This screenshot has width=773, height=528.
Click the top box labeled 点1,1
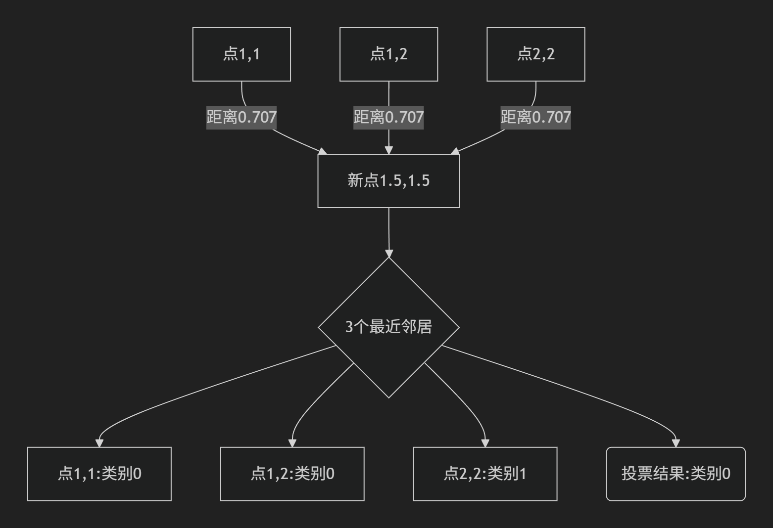[x=242, y=54]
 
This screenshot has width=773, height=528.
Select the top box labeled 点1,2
[x=388, y=54]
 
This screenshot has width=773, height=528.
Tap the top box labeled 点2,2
[x=536, y=54]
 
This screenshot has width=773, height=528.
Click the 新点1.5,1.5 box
[x=388, y=181]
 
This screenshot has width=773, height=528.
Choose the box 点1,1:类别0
[x=99, y=474]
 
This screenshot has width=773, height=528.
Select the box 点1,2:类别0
[x=292, y=474]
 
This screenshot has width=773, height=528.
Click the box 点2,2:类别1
[x=485, y=474]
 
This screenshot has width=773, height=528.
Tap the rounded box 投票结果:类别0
[x=676, y=474]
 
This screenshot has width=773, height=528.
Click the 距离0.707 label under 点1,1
[x=242, y=118]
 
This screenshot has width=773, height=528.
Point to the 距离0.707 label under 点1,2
[x=388, y=118]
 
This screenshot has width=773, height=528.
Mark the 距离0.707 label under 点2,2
[x=536, y=118]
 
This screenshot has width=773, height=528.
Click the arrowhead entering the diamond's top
[x=389, y=254]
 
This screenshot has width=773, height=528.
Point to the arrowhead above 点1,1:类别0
[x=99, y=442]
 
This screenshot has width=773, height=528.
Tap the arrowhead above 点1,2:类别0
[x=292, y=442]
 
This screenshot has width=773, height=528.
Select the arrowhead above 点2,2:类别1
[x=485, y=442]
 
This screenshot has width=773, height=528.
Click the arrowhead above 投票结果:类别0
[x=676, y=442]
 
